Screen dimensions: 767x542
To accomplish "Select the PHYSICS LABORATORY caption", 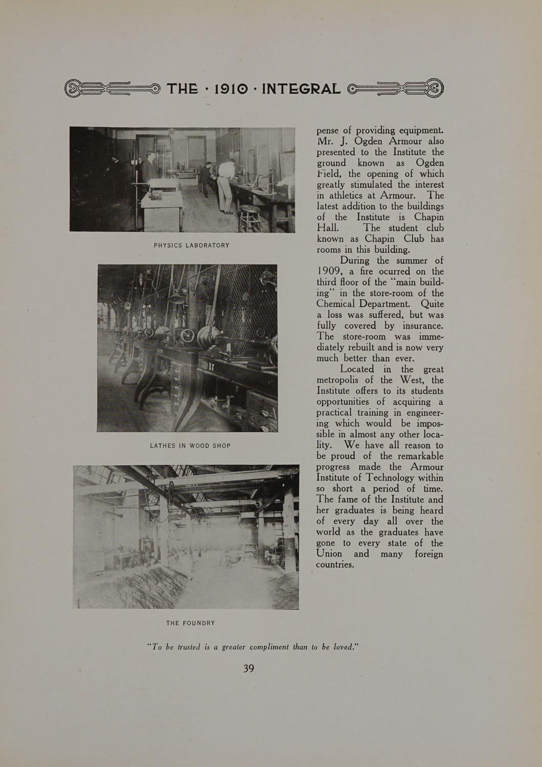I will point(192,245).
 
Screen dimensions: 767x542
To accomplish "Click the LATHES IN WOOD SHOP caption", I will point(190,446).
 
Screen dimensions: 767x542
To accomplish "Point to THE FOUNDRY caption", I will point(191,623).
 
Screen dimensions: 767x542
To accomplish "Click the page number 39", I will point(249,668).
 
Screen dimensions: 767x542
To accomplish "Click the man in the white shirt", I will point(225,184).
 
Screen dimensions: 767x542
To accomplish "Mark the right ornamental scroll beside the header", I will point(396,89).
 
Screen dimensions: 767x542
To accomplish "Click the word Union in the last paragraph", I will point(329,554).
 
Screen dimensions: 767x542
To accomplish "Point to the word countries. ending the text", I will point(335,565).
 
